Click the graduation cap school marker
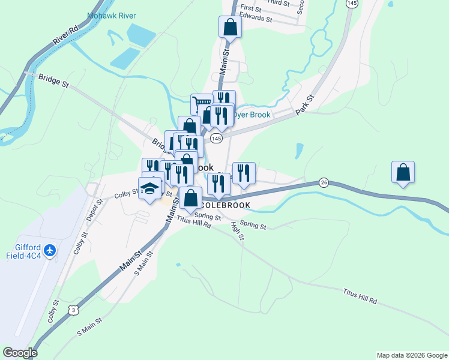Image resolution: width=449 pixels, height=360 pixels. pyautogui.click(x=149, y=188)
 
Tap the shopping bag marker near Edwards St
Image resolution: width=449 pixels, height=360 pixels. pyautogui.click(x=230, y=26)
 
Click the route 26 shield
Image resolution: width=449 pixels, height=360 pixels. pyautogui.click(x=324, y=182)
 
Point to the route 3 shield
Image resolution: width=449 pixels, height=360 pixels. pyautogui.click(x=73, y=310)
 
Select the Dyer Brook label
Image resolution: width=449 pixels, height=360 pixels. pyautogui.click(x=252, y=115)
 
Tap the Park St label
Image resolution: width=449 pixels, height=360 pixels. pyautogui.click(x=306, y=106)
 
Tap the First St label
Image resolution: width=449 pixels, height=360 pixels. pyautogui.click(x=250, y=9)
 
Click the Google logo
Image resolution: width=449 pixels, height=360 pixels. pyautogui.click(x=20, y=353)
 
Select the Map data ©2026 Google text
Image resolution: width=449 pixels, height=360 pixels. pyautogui.click(x=411, y=355)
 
